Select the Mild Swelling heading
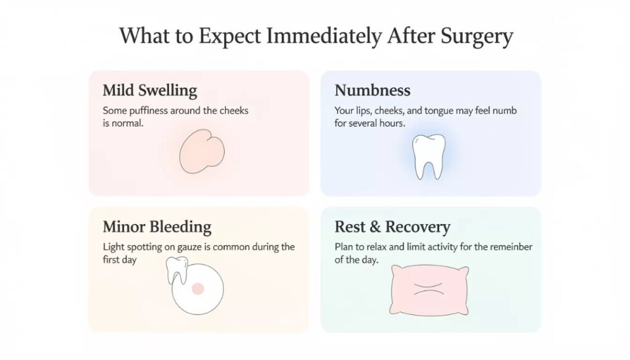[150, 90]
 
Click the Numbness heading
[372, 90]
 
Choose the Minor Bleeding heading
[157, 226]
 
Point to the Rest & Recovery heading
[392, 226]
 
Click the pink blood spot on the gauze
[197, 288]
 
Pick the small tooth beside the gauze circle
[176, 270]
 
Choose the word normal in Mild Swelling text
[129, 123]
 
